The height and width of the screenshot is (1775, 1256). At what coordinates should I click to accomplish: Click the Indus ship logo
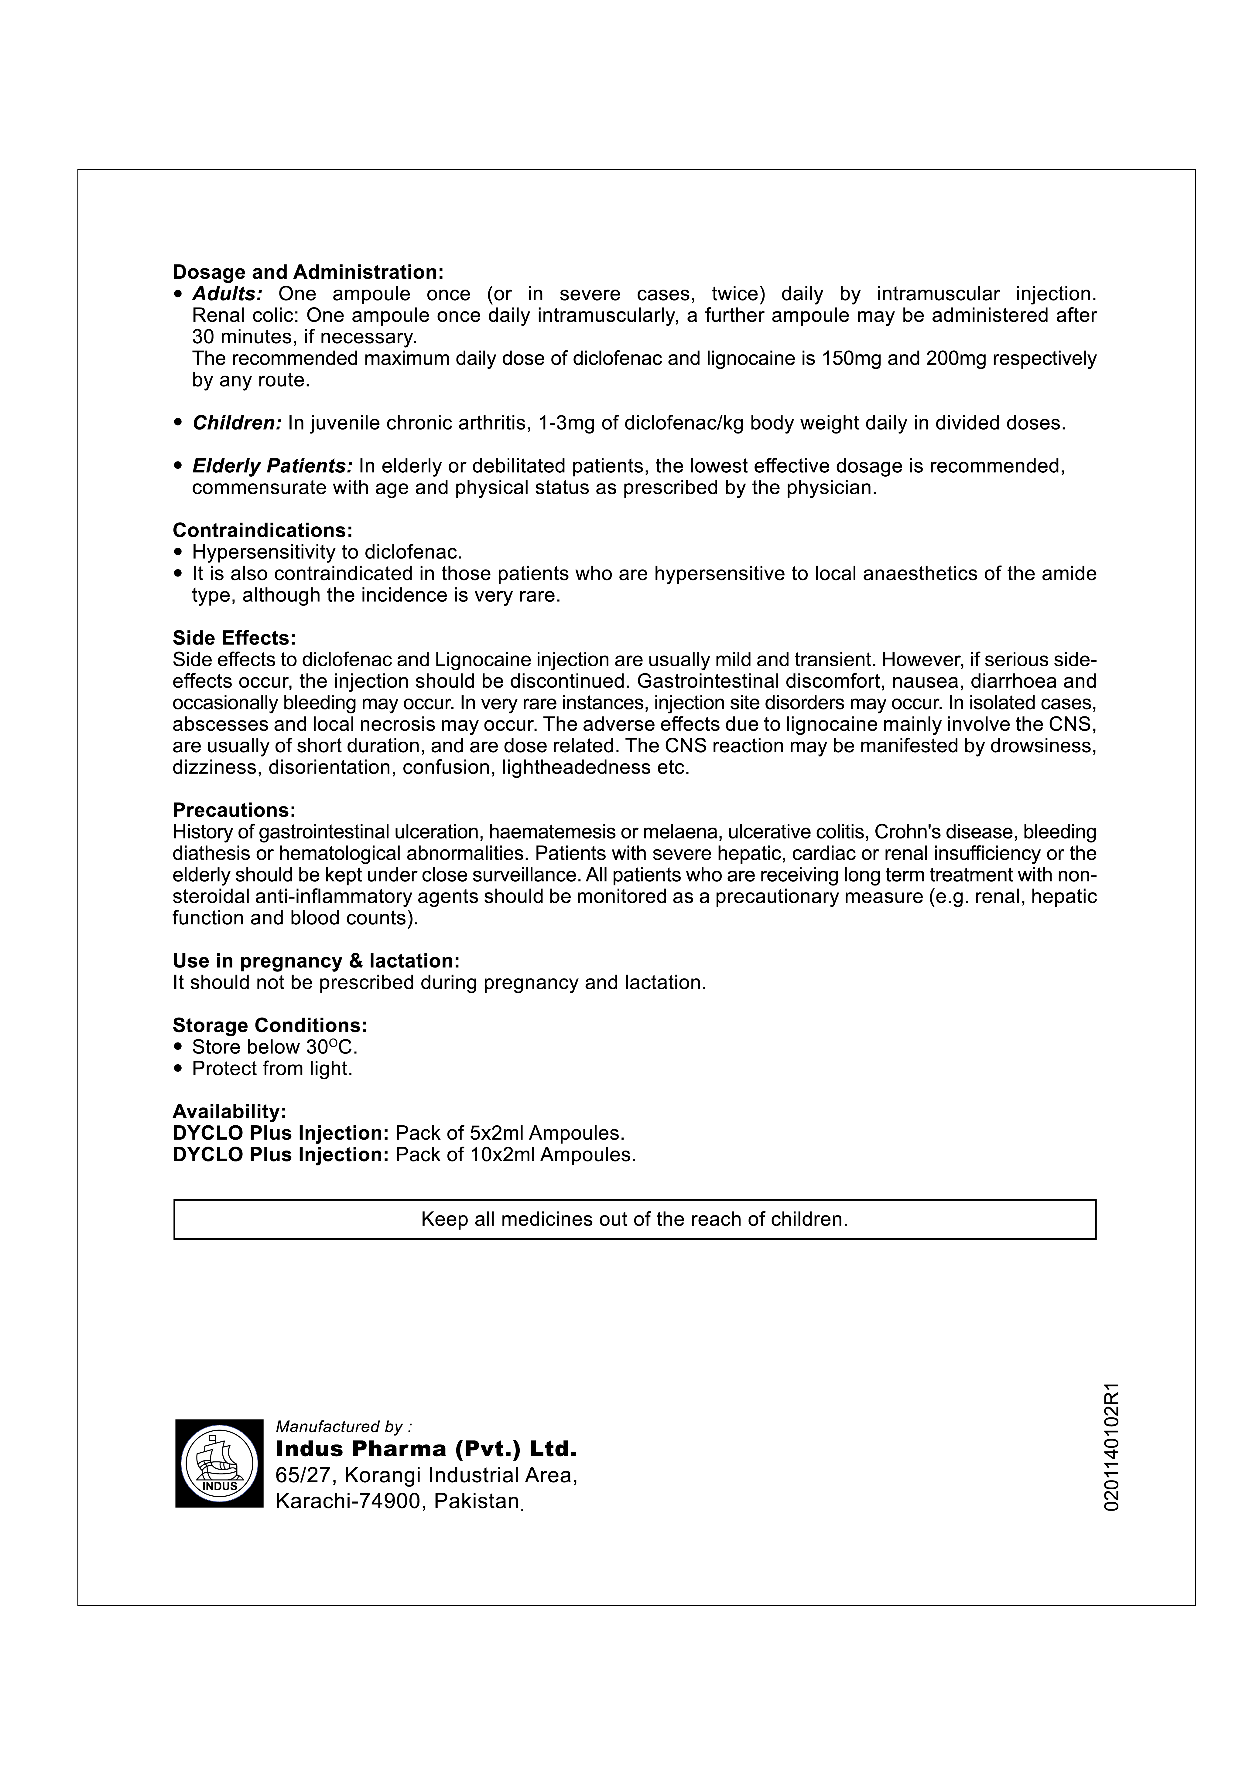(x=219, y=1464)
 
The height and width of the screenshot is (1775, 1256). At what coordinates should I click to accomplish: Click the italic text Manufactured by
(x=344, y=1426)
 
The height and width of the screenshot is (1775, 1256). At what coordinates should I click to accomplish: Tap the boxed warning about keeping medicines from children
(x=634, y=1219)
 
